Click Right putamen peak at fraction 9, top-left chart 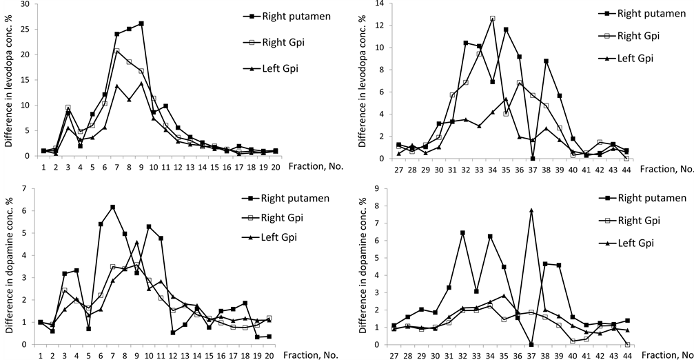(x=141, y=23)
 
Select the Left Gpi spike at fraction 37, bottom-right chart (x=531, y=210)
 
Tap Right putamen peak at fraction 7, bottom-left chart (x=112, y=207)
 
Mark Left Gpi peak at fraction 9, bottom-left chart (x=137, y=242)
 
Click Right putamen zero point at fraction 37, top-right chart (x=533, y=158)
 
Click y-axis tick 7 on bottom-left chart (x=28, y=188)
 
